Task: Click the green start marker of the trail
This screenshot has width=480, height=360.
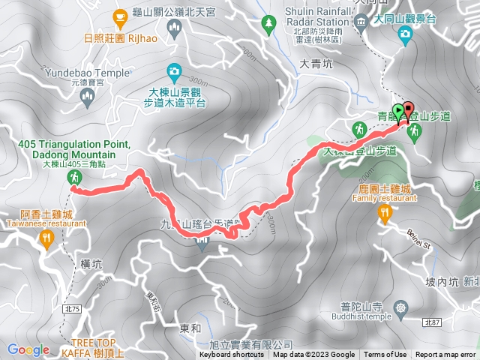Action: click(x=398, y=109)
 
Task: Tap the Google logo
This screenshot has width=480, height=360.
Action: click(x=28, y=349)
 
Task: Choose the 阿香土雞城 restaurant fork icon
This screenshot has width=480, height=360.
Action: click(x=46, y=239)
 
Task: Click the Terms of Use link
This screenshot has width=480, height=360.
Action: click(x=385, y=355)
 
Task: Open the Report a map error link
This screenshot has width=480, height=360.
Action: click(x=445, y=355)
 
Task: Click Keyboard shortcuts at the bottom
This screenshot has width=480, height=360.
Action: click(x=232, y=355)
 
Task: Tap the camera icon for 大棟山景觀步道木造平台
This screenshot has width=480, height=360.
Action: click(x=174, y=72)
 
